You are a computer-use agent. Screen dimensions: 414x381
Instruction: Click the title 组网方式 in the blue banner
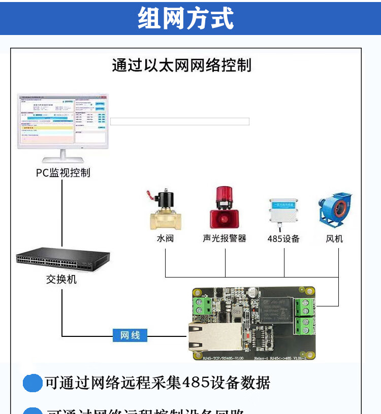tap(186, 18)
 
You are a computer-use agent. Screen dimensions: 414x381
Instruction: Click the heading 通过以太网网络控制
tap(181, 65)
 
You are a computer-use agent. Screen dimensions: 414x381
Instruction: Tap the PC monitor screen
tap(62, 121)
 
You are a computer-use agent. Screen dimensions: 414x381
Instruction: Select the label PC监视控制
tap(63, 173)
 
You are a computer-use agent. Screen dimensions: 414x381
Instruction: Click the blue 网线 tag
tap(130, 335)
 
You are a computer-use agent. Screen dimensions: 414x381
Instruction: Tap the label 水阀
tap(165, 238)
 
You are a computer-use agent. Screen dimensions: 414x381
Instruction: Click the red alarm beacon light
tap(224, 208)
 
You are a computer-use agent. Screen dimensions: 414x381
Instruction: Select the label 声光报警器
tap(224, 238)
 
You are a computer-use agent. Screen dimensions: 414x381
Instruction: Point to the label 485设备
tap(283, 238)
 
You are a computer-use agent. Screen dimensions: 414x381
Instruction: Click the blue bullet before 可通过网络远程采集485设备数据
tap(33, 383)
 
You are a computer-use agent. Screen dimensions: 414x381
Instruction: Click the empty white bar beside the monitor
tap(180, 122)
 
